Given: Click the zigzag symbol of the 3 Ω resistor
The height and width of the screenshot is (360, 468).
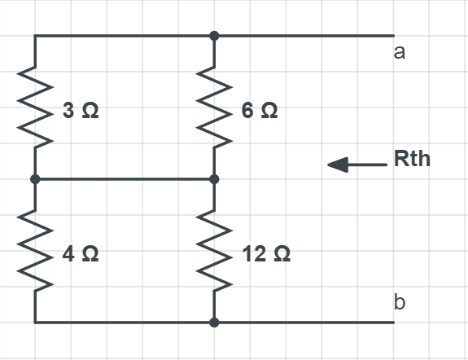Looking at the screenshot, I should tap(35, 108).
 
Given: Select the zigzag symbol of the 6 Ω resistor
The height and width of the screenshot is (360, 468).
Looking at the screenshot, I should tap(214, 108).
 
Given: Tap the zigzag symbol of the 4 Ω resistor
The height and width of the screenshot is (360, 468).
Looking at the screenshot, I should tap(35, 251).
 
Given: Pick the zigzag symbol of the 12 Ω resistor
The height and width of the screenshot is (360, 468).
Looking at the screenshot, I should tap(214, 251).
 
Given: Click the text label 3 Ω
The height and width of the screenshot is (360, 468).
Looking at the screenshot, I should tap(81, 112).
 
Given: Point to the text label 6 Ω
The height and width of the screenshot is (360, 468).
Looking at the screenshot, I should tap(260, 112).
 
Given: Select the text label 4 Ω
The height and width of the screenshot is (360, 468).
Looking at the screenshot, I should tap(81, 255).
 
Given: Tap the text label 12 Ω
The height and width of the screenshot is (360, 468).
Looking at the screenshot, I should tap(266, 255).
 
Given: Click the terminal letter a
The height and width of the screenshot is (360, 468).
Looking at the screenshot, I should tap(400, 53).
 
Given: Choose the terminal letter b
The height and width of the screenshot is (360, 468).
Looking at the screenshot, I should tap(400, 303).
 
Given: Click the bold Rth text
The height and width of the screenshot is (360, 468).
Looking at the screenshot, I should tap(412, 159).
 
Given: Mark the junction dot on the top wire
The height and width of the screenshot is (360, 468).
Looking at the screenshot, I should tap(214, 36).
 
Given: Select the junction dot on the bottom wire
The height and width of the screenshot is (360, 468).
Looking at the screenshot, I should tap(214, 323).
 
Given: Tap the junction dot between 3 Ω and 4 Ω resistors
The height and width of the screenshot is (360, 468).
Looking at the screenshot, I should tap(35, 179).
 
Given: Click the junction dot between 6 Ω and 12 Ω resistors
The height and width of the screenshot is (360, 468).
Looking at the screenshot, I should tap(214, 179).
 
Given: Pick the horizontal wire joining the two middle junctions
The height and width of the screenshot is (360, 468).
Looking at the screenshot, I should tap(125, 179).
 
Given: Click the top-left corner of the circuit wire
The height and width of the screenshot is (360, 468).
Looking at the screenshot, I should tap(35, 36).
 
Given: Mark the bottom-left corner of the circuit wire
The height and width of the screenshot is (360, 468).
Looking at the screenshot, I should tap(35, 323).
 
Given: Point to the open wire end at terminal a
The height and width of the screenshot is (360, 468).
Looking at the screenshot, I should tap(393, 36).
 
